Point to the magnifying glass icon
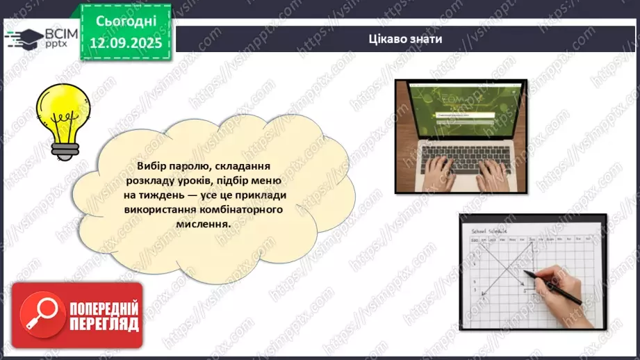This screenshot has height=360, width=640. click(x=38, y=316)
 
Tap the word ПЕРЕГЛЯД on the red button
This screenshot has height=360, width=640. click(x=104, y=323)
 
